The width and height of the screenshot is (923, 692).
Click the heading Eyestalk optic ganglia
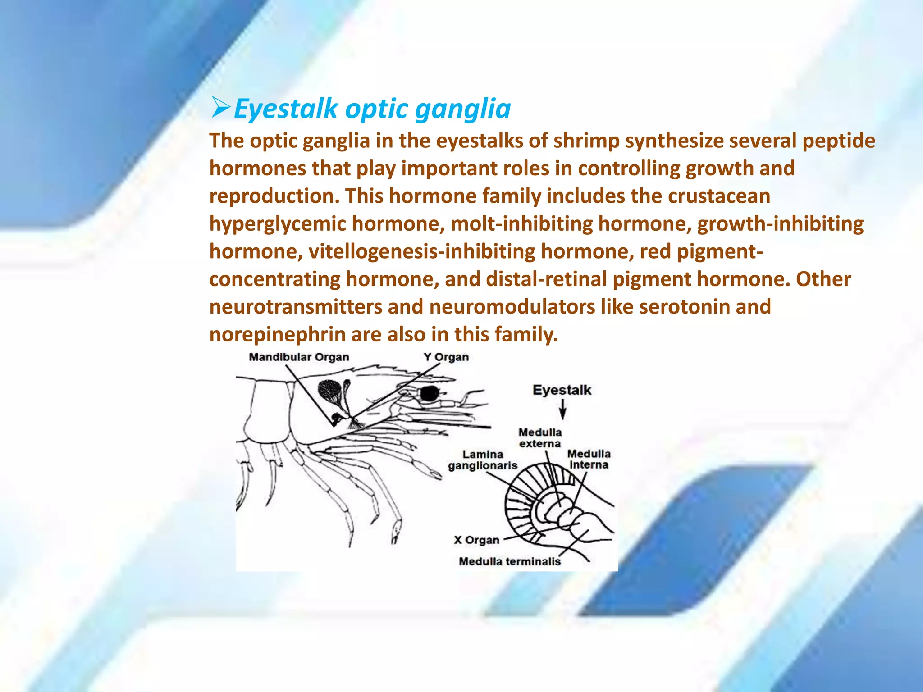point(372,109)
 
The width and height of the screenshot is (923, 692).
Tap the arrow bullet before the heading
point(221,109)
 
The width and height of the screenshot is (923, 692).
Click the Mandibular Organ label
point(299,357)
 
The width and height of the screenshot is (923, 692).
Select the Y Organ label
point(446,357)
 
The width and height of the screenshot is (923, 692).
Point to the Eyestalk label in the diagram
point(562,390)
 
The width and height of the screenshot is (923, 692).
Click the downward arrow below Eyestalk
point(562,410)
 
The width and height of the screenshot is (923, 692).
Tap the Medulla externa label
point(540,438)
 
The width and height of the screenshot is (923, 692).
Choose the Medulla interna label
point(589,459)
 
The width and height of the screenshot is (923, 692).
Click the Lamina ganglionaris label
point(483,460)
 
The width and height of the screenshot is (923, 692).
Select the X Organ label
point(477,540)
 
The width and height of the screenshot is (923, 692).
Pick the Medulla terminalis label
point(510,561)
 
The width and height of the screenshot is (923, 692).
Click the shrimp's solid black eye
point(429,394)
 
